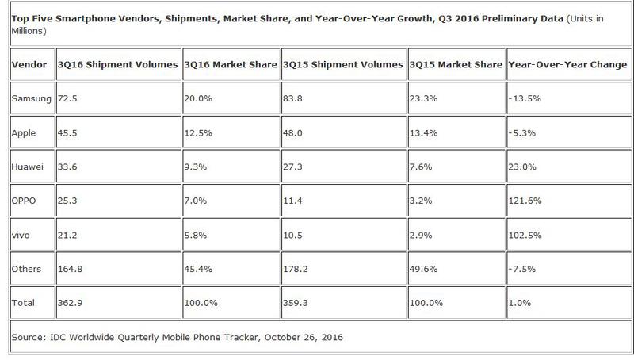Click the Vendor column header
[29, 63]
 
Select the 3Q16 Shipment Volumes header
[116, 63]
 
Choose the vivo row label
[23, 234]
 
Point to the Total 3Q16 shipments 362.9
[71, 303]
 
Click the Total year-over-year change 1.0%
[519, 303]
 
